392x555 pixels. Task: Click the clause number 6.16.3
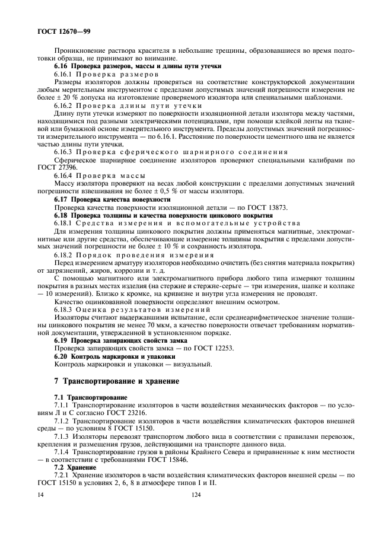coord(63,152)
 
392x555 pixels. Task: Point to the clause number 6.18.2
coord(63,254)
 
